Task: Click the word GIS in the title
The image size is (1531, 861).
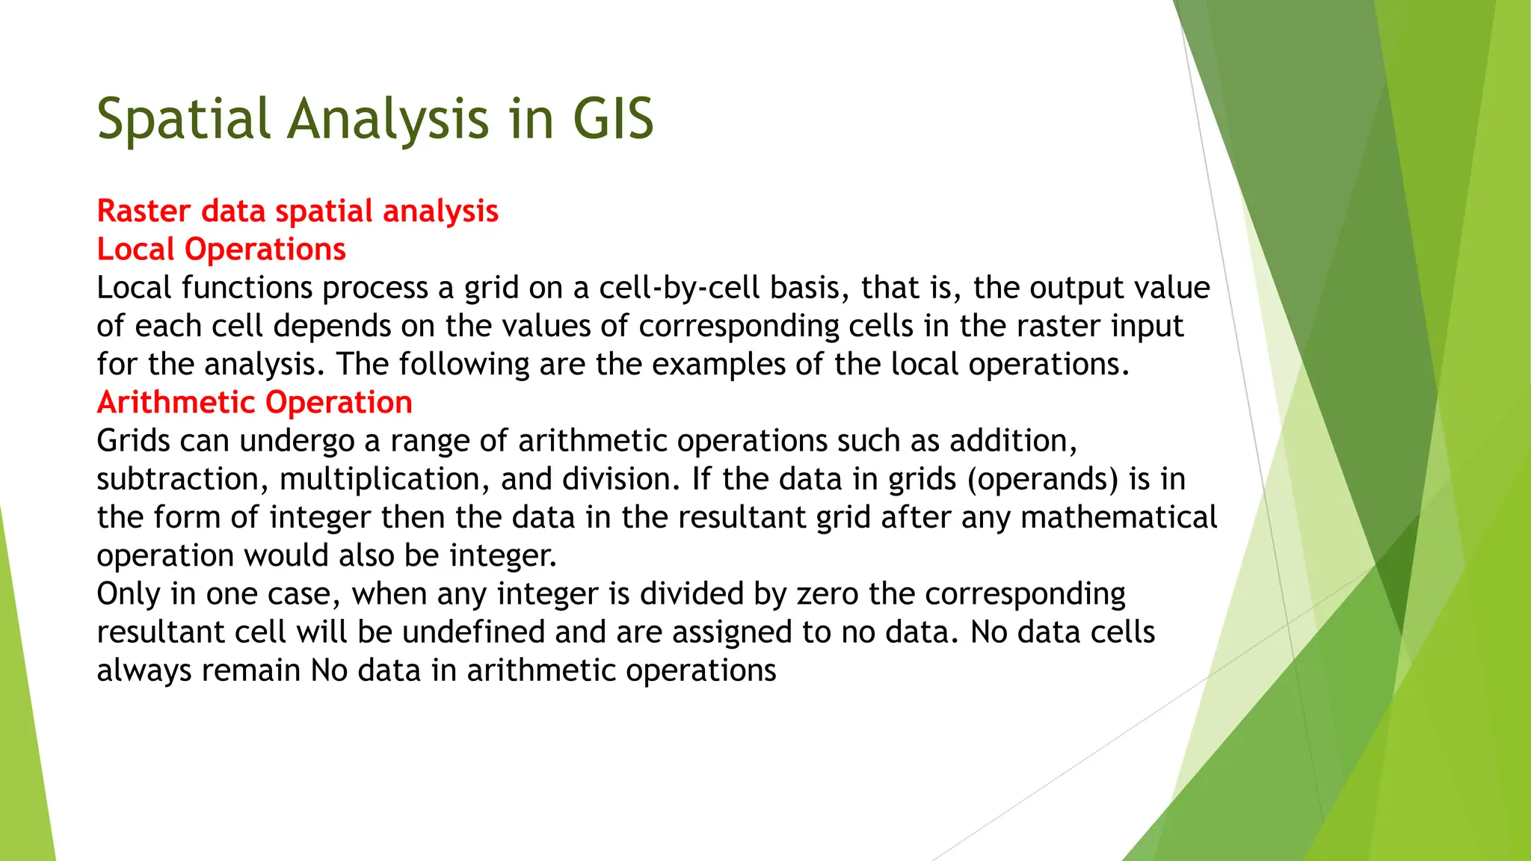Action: tap(613, 120)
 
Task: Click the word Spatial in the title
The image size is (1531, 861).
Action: tap(183, 120)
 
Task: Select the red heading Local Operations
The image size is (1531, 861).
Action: tap(221, 249)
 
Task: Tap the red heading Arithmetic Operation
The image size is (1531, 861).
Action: tap(254, 402)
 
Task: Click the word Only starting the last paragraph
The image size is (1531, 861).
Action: tap(128, 594)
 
